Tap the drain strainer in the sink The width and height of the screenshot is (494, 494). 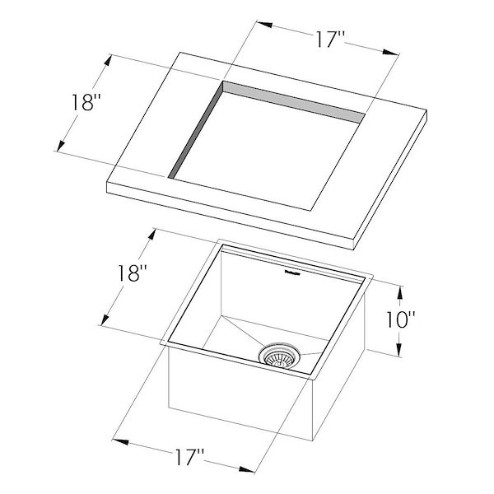[x=281, y=357]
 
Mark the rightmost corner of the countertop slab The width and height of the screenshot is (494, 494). [x=428, y=113]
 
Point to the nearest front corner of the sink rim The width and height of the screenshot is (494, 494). [x=316, y=379]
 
